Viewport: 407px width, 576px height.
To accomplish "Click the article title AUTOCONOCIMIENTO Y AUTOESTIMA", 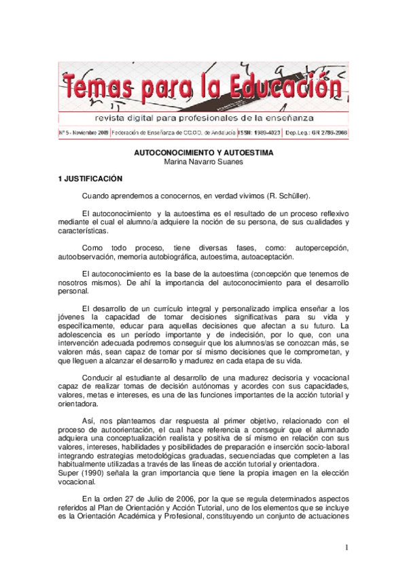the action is [202, 154].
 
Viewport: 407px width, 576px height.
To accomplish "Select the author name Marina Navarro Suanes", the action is [202, 162].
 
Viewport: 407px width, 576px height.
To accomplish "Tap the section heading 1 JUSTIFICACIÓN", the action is [90, 179].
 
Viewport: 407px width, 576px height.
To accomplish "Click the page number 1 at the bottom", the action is [347, 547].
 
